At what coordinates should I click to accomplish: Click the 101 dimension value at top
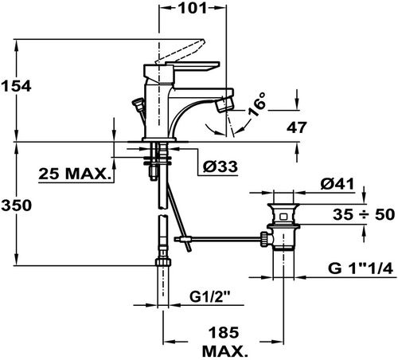tap(192, 8)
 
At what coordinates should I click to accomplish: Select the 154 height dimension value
tap(16, 86)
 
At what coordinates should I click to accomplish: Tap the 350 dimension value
tap(16, 205)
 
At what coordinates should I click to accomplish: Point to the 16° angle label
tap(257, 104)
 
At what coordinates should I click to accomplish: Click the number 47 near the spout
tap(296, 127)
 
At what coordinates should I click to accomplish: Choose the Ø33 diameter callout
tap(220, 166)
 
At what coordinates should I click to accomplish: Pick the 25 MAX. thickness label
tap(74, 174)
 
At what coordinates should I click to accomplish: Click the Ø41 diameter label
tap(338, 184)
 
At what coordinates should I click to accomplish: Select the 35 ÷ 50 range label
tap(364, 214)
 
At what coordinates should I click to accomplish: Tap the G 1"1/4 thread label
tap(361, 268)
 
